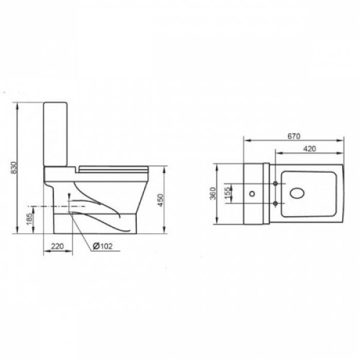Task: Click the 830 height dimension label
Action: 14,168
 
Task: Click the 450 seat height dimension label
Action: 160,200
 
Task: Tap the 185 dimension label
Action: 29,219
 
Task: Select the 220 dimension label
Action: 57,246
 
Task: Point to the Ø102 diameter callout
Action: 103,246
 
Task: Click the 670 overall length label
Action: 294,136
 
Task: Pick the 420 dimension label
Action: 310,149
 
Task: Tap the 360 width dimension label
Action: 213,193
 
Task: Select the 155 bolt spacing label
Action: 227,193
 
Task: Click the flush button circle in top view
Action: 252,193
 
